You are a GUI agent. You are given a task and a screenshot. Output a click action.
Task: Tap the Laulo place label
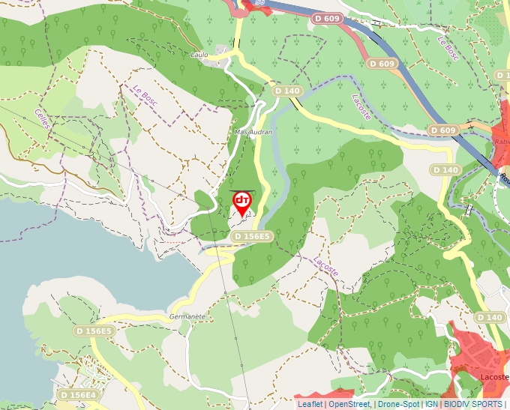pyautogui.click(x=199, y=55)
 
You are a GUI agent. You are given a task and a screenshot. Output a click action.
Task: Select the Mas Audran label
pyautogui.click(x=253, y=131)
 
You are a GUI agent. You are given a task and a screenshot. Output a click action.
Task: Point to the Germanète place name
pyautogui.click(x=187, y=316)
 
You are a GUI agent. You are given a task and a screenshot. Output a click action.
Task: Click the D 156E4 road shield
pyautogui.click(x=78, y=394)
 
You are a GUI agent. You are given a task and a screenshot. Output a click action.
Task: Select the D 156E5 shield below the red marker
pyautogui.click(x=251, y=236)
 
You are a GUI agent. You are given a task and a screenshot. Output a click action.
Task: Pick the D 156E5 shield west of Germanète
pyautogui.click(x=94, y=331)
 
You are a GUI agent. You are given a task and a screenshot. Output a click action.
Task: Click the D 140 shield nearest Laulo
pyautogui.click(x=287, y=91)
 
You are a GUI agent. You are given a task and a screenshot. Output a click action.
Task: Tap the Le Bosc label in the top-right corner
pyautogui.click(x=448, y=50)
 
